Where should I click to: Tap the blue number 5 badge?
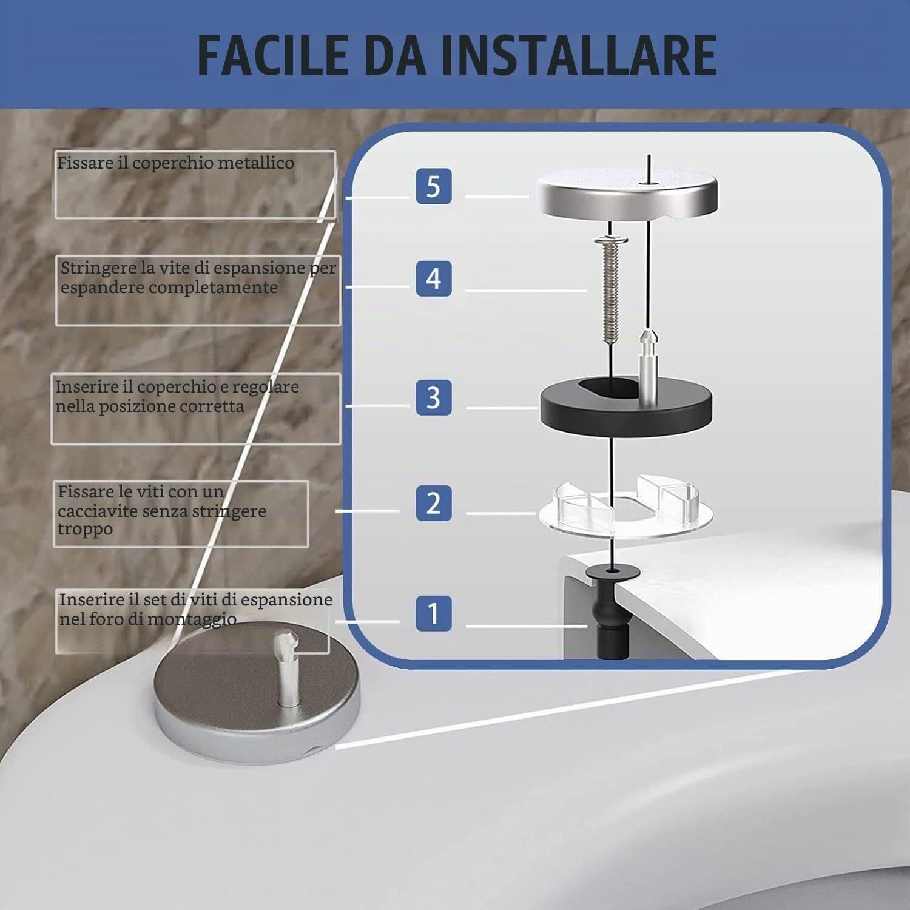434,186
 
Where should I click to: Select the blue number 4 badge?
434,278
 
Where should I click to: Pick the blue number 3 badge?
434,397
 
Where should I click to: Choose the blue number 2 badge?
434,503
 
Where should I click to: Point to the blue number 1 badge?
434,613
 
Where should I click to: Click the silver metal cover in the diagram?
626,195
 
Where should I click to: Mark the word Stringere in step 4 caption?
98,268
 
